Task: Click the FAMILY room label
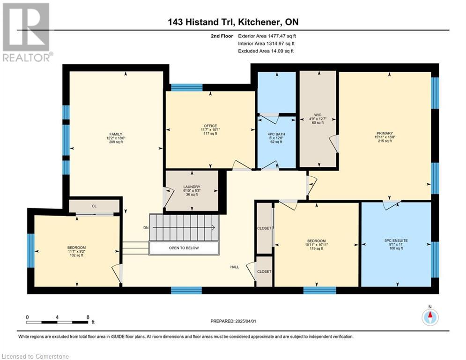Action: (x=116, y=134)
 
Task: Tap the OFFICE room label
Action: (x=210, y=126)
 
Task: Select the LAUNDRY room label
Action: (x=192, y=187)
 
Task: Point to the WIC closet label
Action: (x=318, y=115)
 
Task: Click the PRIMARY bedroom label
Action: (x=385, y=133)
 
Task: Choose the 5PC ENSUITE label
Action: (x=396, y=240)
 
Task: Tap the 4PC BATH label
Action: (x=276, y=134)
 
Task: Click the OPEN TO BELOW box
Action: (x=184, y=248)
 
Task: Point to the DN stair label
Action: (x=146, y=228)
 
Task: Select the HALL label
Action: (x=235, y=267)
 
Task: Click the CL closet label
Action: (x=94, y=206)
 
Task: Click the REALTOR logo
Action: (x=27, y=32)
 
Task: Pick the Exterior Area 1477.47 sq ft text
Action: (x=267, y=36)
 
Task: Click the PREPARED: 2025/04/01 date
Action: (x=233, y=321)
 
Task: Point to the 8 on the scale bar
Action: (x=88, y=317)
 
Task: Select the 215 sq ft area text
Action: (x=385, y=141)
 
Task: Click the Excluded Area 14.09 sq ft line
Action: (x=266, y=51)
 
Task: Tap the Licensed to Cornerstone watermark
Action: (x=36, y=356)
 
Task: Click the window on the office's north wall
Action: (x=187, y=88)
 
